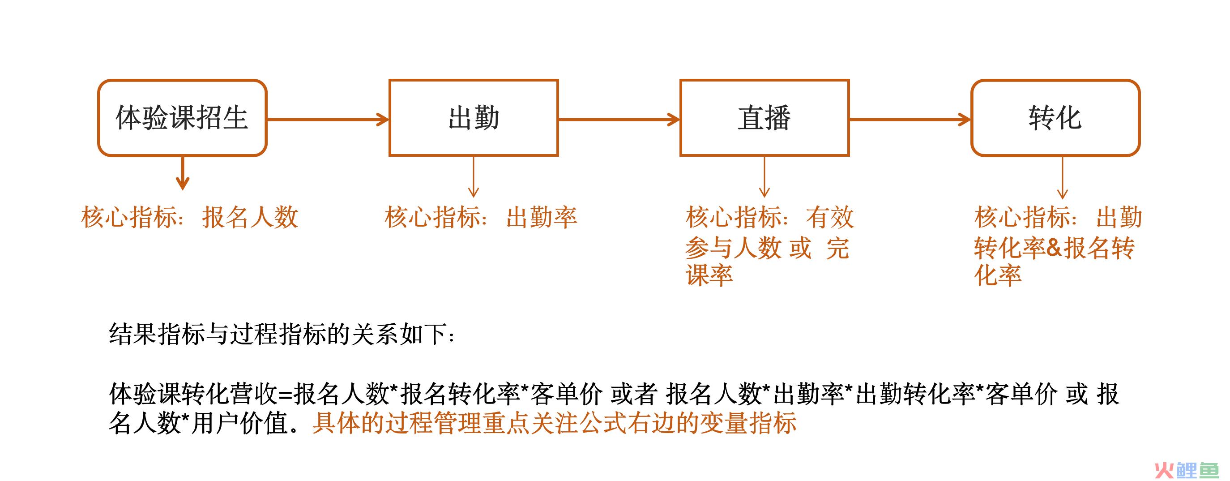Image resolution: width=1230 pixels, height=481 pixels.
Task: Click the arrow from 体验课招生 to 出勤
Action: tap(328, 119)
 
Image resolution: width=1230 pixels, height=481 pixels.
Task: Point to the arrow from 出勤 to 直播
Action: tap(619, 119)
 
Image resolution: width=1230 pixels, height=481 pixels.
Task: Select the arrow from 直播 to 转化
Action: tap(910, 119)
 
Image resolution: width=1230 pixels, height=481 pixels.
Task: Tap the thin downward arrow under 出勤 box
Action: tap(473, 177)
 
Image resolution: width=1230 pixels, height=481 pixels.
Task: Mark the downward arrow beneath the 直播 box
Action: tap(764, 177)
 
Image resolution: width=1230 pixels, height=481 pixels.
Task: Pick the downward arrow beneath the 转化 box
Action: tap(1063, 178)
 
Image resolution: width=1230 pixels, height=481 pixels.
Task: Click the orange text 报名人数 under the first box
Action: tap(250, 217)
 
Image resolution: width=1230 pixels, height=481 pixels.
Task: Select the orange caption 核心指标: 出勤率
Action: tap(481, 217)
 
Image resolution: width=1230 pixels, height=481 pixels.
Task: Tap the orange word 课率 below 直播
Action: tap(709, 275)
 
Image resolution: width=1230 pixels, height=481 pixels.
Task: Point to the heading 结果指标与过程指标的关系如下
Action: tap(282, 334)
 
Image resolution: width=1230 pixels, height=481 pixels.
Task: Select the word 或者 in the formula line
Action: tap(634, 394)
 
